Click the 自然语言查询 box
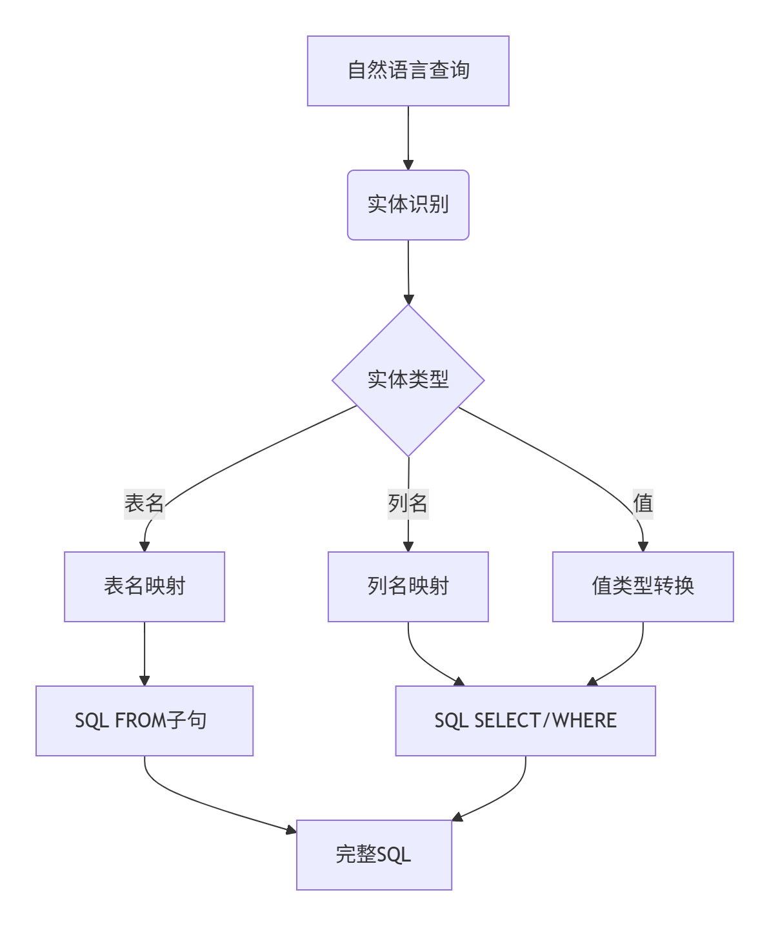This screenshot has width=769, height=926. [408, 71]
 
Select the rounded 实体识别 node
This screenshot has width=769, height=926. [408, 205]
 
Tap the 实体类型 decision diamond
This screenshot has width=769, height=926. [408, 380]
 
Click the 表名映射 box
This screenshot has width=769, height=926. [145, 586]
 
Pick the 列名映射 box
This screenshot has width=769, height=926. [408, 586]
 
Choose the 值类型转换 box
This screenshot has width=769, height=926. [643, 586]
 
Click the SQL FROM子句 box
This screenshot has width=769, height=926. [145, 720]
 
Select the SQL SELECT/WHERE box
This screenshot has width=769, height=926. [525, 720]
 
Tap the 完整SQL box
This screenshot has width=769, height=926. [374, 854]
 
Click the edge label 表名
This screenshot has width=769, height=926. [145, 503]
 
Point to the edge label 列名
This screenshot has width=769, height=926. [408, 503]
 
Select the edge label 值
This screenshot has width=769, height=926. [643, 503]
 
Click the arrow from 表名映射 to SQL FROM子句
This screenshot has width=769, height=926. [145, 653]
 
